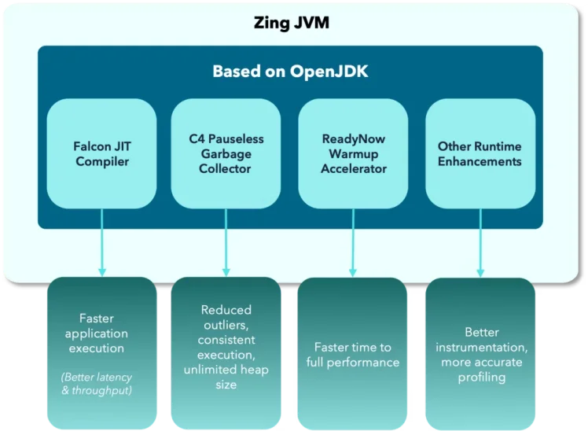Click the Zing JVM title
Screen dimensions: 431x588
click(x=291, y=23)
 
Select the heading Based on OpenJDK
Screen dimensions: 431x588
click(x=290, y=72)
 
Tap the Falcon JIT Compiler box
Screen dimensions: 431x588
click(x=101, y=153)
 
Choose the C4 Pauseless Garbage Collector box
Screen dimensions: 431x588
click(x=226, y=153)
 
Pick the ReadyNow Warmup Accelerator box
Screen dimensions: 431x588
click(x=353, y=153)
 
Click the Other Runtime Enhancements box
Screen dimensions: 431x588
click(x=480, y=153)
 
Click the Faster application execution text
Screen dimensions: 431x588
click(x=96, y=333)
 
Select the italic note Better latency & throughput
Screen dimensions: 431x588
click(x=96, y=383)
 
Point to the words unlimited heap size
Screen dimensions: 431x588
click(x=226, y=378)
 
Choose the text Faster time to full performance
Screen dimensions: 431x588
click(x=352, y=355)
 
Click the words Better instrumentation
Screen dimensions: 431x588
click(x=482, y=340)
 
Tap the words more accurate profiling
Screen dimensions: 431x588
click(x=482, y=370)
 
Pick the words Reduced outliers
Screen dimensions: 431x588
click(x=226, y=318)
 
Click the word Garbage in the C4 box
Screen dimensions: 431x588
click(x=226, y=153)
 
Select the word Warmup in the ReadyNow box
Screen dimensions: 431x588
click(x=353, y=153)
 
